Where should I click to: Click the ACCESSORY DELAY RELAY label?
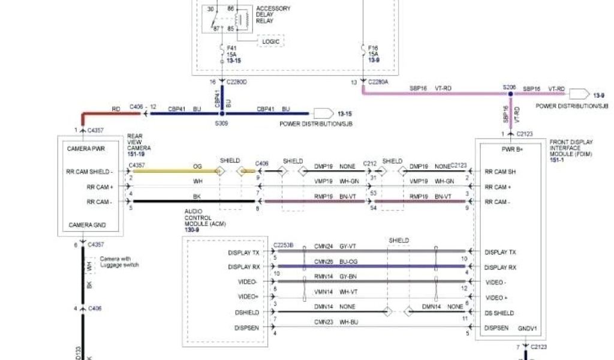(273, 14)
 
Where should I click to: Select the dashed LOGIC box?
(270, 41)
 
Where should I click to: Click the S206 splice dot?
(510, 94)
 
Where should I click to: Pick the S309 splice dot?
(222, 113)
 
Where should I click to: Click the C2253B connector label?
(284, 245)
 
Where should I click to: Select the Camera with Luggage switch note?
(119, 262)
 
